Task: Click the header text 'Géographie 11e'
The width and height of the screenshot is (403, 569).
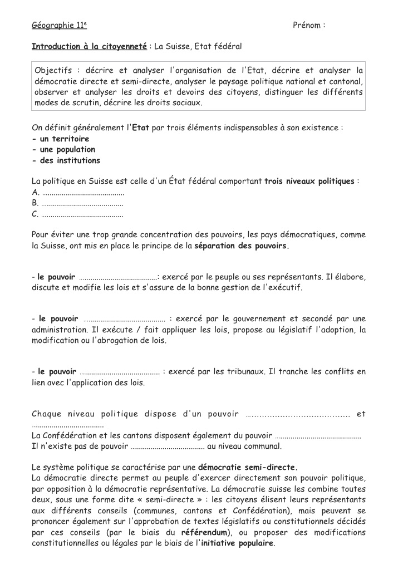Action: pos(59,26)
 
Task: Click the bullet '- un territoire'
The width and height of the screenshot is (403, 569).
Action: pos(61,139)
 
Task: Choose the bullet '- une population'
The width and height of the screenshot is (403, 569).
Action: pos(63,150)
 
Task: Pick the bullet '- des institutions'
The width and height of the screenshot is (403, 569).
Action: pos(66,161)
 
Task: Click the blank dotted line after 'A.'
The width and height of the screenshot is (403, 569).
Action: pos(83,193)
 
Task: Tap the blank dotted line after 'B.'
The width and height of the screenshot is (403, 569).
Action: pos(83,204)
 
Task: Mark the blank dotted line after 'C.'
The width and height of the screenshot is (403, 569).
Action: pos(83,214)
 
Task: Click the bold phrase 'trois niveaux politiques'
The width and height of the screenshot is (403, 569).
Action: pos(309,182)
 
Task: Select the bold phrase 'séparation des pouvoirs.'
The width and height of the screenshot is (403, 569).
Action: pos(242,246)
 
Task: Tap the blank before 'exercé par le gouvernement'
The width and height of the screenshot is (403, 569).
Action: pos(124,320)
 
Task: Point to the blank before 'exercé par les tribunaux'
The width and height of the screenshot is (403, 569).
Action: pos(120,371)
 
